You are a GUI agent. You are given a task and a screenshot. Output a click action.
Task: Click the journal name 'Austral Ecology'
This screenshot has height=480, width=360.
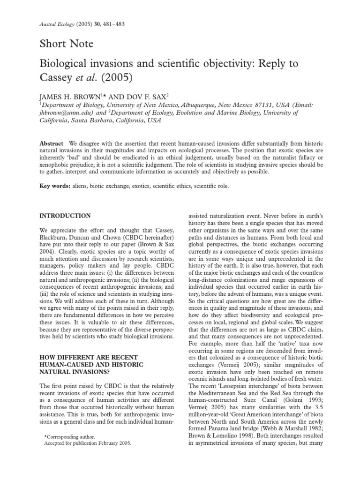click(x=52, y=24)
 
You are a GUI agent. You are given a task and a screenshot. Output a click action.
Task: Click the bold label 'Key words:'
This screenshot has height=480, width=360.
click(x=54, y=187)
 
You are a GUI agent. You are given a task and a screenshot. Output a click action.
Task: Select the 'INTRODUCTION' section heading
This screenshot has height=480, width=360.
click(x=65, y=216)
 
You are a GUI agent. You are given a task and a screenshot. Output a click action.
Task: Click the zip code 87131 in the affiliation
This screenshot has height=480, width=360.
click(x=267, y=105)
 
